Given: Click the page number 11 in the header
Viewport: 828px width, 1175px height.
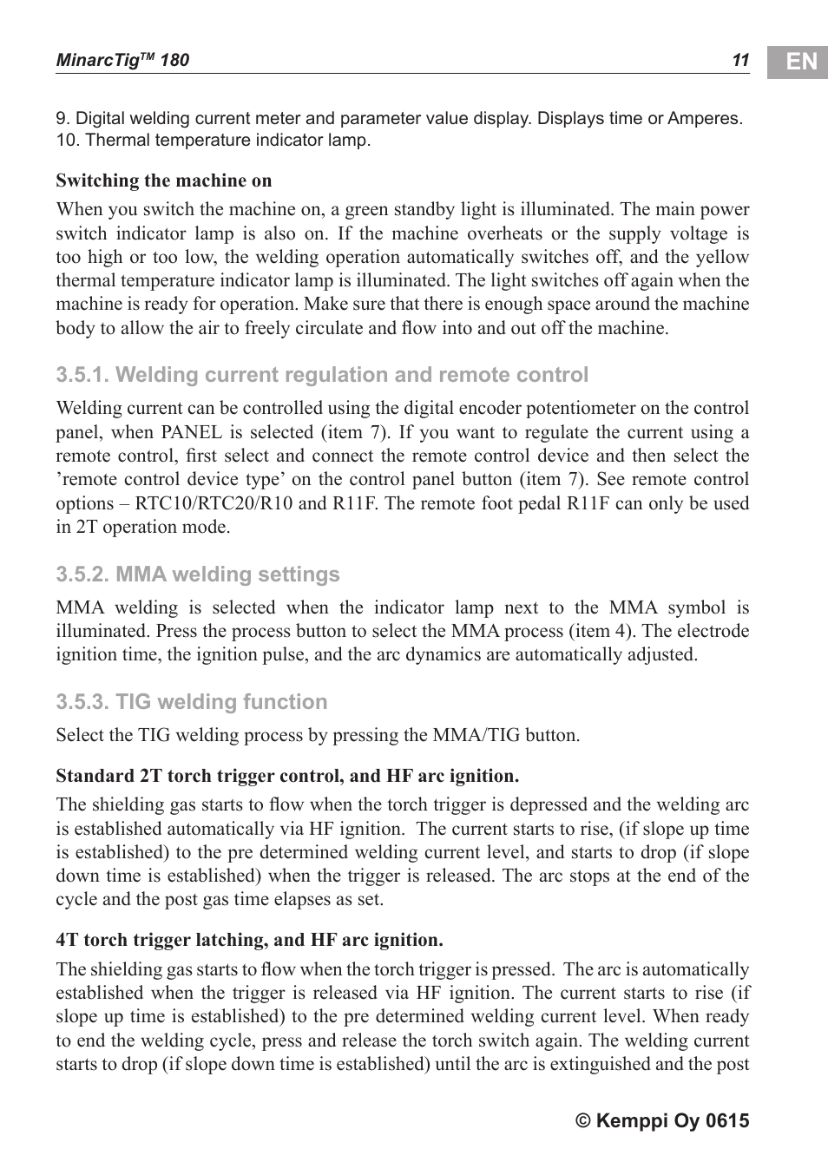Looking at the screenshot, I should click(739, 60).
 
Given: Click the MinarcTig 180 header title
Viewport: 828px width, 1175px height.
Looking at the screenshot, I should click(122, 60).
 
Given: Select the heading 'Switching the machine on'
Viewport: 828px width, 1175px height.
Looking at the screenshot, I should click(164, 181).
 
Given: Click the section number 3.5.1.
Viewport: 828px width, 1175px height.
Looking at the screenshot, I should click(82, 375).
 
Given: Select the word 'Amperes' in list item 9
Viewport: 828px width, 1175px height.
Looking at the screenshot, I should click(704, 118).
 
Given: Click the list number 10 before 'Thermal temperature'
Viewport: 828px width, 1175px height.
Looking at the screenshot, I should click(67, 140).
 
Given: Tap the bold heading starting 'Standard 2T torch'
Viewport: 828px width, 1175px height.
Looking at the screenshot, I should click(287, 776).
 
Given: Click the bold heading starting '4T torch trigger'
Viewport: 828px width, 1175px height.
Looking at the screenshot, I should click(249, 940).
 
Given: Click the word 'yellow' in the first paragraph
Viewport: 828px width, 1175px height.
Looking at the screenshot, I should click(723, 257).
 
